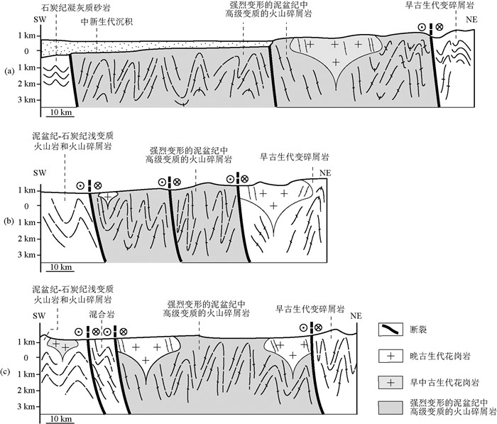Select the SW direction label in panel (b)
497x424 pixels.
click(38, 173)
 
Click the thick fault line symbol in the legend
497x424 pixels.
click(390, 329)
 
